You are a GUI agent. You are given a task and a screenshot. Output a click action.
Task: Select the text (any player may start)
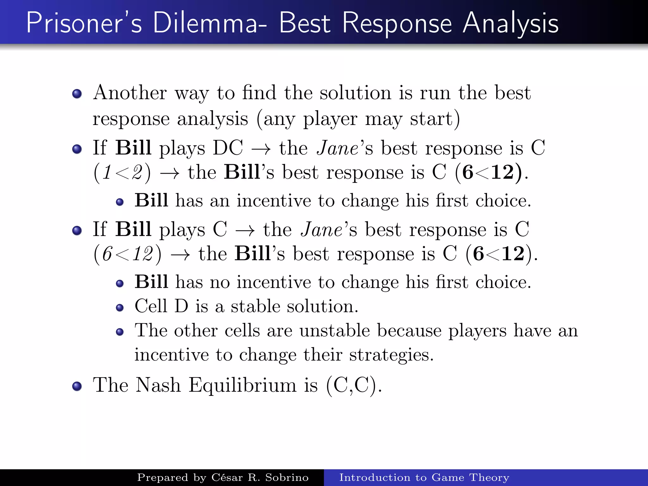point(358,119)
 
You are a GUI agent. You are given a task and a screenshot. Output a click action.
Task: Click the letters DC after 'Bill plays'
point(228,148)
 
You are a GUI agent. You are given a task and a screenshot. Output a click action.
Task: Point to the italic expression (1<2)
point(122,173)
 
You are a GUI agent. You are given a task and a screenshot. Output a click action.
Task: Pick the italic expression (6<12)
point(127,254)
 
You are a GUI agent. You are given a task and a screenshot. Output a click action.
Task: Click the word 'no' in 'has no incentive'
point(220,282)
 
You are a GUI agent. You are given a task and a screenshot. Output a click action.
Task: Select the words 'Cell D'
point(161,306)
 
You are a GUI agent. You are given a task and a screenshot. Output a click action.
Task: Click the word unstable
point(335,331)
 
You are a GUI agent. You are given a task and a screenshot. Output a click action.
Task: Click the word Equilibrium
point(243,385)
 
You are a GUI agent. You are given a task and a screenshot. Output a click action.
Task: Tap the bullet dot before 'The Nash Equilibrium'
point(77,386)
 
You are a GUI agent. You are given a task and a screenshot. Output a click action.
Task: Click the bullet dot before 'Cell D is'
point(120,308)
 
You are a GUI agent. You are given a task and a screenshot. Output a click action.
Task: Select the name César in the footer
point(227,477)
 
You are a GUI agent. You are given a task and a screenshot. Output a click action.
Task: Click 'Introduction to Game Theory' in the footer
point(424,477)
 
